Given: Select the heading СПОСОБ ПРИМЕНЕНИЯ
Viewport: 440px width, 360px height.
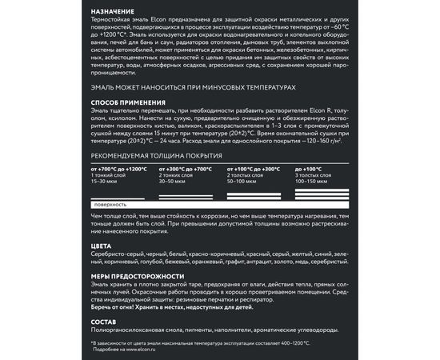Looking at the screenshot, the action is [128, 102].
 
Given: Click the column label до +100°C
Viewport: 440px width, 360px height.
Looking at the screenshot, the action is [308, 170].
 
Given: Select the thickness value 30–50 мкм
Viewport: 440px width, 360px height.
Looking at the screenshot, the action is [176, 181].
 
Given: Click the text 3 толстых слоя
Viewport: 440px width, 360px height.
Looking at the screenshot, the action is [312, 175].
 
